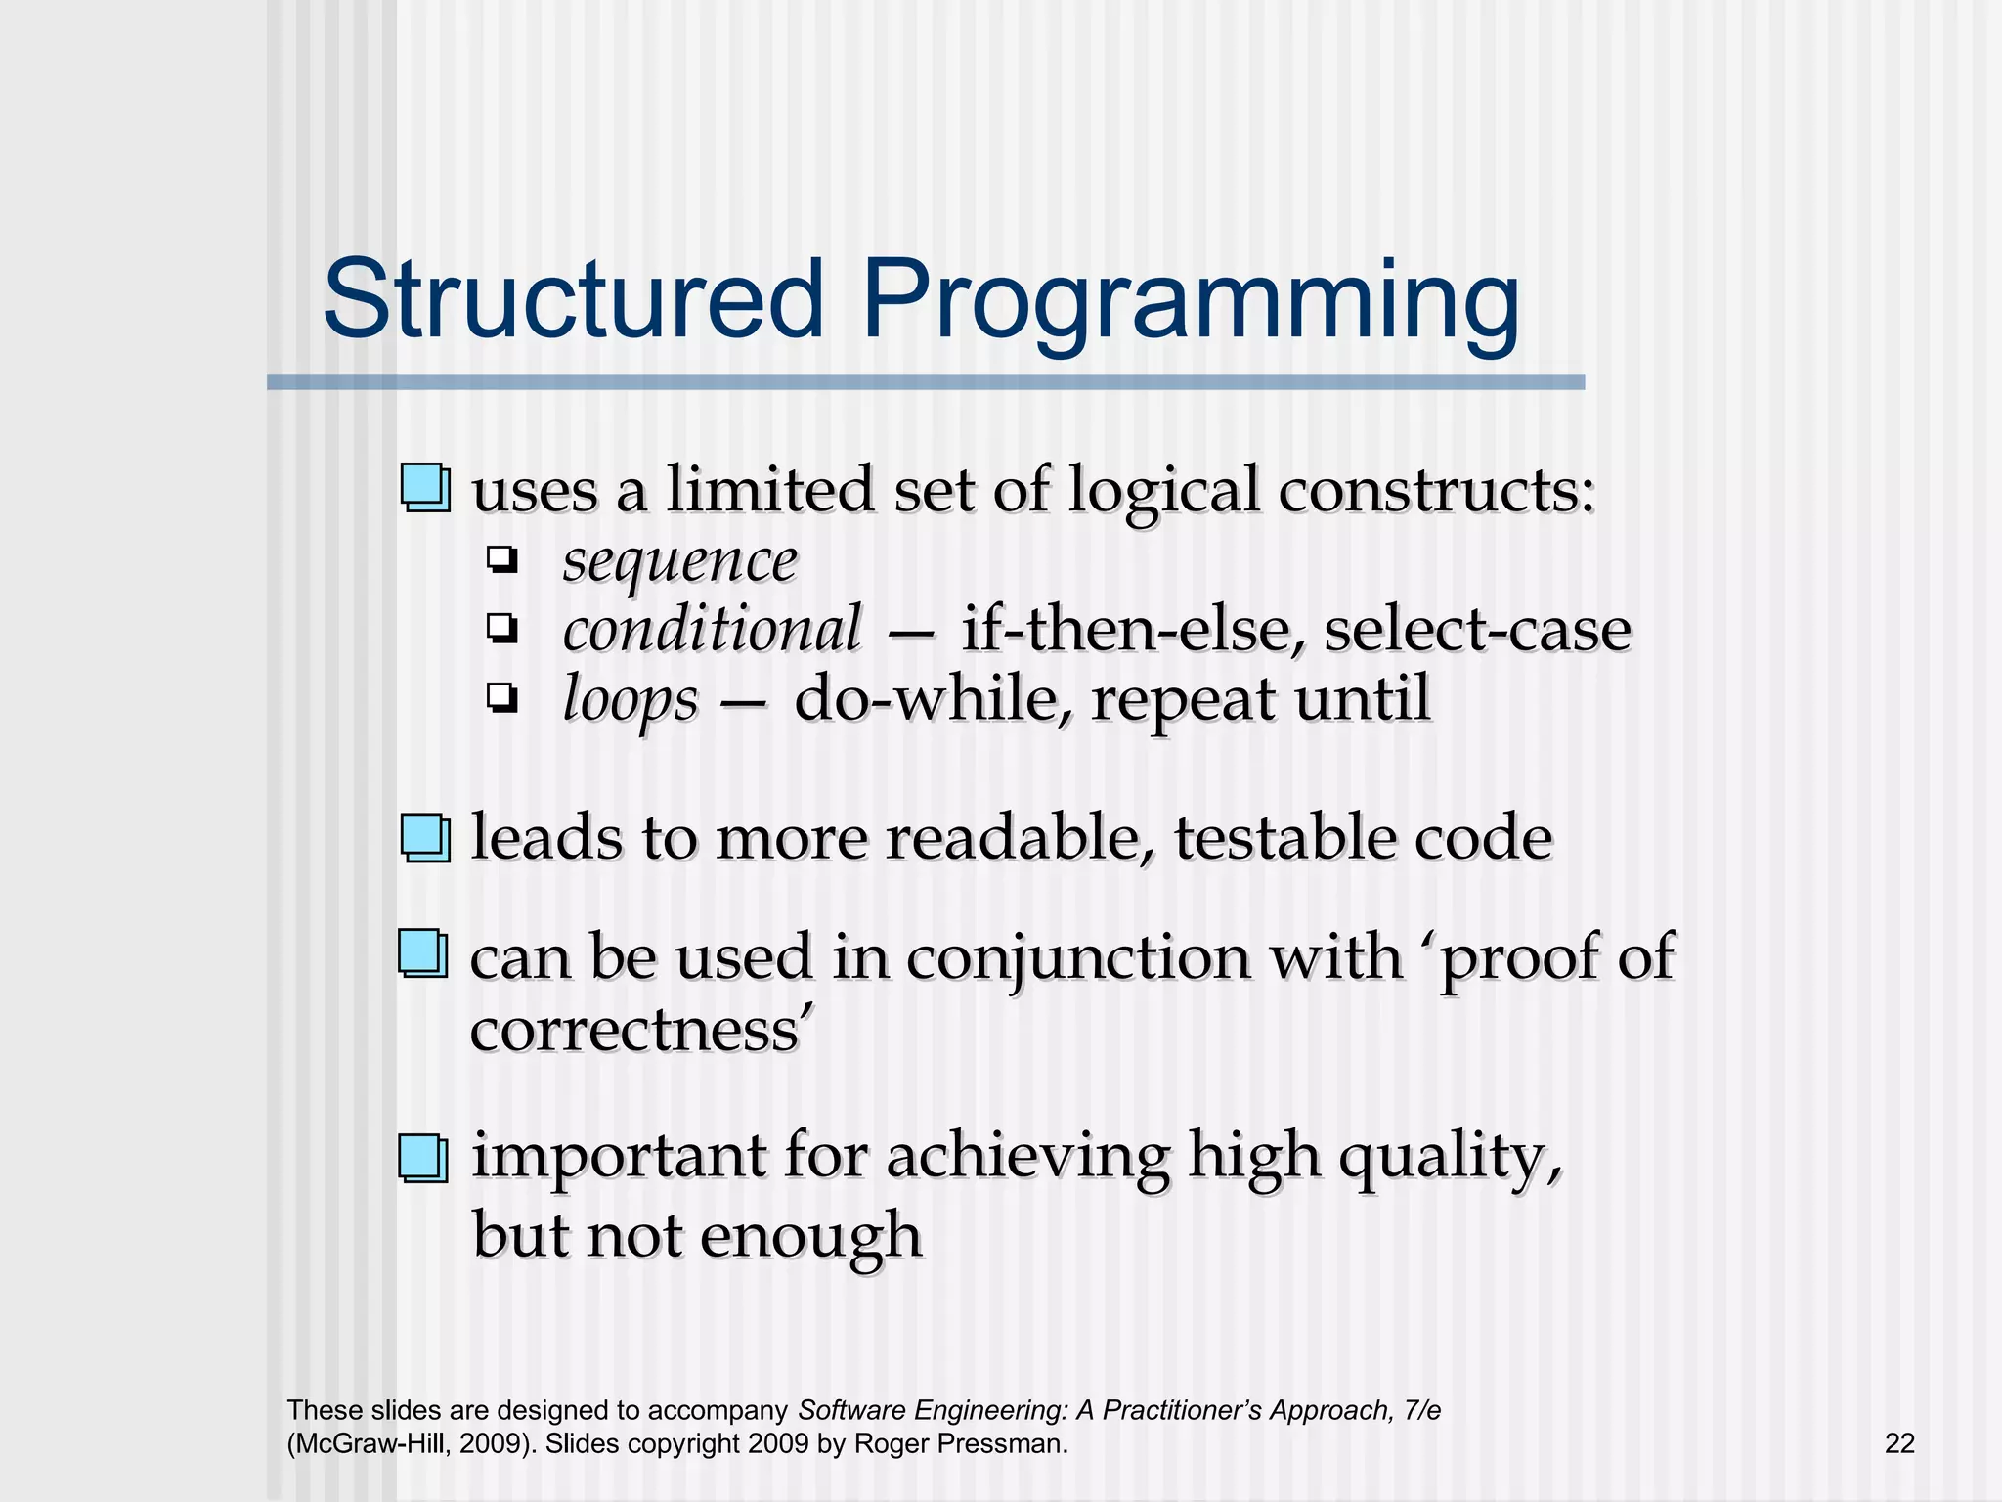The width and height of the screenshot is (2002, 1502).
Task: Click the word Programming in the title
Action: point(1190,303)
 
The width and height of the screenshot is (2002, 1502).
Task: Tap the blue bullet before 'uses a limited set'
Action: point(425,488)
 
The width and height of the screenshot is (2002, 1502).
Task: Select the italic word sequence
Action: point(679,562)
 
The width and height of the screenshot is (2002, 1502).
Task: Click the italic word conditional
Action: point(712,629)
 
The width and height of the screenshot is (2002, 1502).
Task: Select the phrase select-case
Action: point(1477,629)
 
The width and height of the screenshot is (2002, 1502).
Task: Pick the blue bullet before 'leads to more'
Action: point(425,838)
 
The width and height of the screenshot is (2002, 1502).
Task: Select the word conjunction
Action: point(1077,957)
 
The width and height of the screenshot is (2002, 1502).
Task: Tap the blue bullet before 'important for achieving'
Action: point(423,1158)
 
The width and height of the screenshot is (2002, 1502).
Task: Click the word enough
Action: point(810,1236)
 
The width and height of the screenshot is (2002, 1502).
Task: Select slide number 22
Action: point(1899,1443)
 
